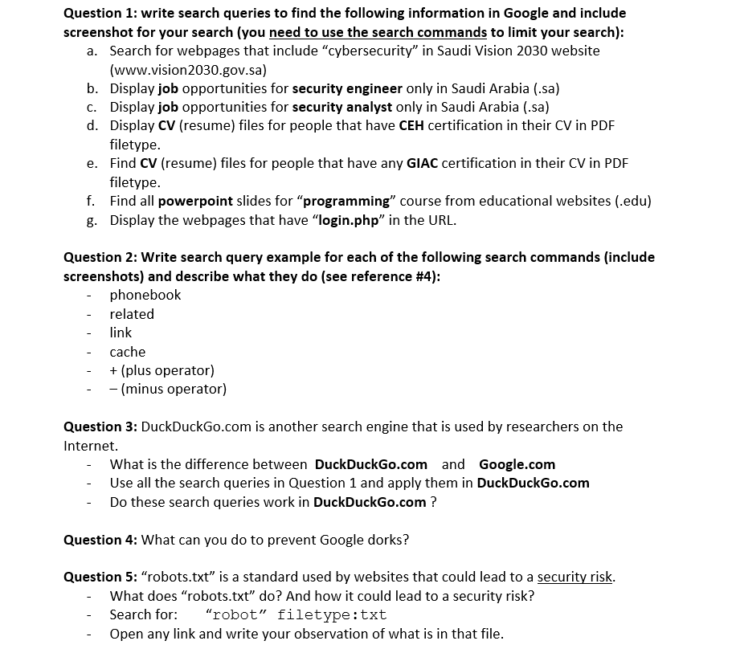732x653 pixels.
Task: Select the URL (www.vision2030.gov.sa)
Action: point(188,69)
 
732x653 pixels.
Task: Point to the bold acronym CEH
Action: point(413,125)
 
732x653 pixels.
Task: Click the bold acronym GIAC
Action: point(422,163)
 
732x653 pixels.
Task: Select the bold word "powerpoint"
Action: point(195,201)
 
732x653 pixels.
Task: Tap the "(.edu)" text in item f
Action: point(632,201)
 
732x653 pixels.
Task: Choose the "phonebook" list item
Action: point(145,295)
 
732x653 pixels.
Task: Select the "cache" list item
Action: point(128,352)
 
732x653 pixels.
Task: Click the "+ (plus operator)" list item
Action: point(162,370)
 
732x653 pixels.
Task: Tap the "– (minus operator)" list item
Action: point(168,389)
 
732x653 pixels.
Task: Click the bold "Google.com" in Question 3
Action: point(517,464)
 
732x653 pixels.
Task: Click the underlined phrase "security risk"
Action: point(575,577)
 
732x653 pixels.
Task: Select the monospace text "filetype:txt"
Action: point(332,614)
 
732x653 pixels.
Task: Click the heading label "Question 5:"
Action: point(100,577)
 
